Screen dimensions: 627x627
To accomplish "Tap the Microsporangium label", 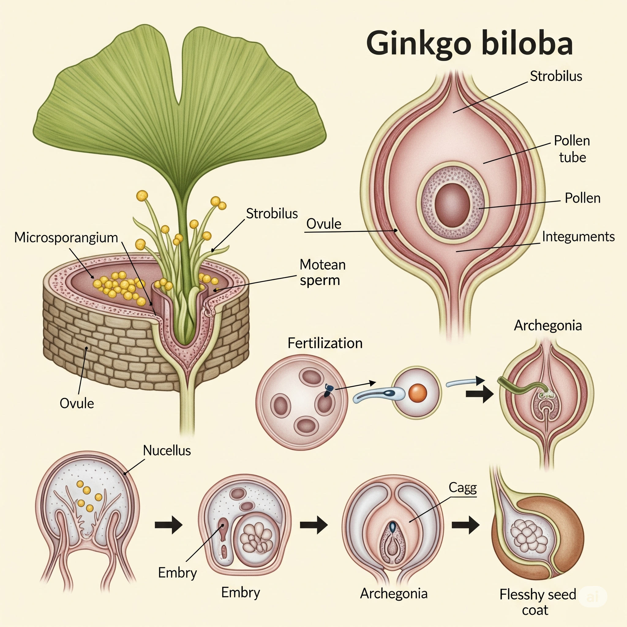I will (66, 238).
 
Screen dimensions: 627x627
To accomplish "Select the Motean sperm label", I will (322, 272).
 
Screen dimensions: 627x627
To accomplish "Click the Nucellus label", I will (167, 450).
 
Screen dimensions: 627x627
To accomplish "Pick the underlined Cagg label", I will (463, 487).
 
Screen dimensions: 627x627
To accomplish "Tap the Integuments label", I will (578, 237).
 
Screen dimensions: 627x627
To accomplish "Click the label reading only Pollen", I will (583, 198).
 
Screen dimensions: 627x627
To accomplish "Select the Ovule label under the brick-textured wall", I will (77, 404).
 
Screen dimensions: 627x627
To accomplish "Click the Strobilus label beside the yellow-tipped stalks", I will (272, 214).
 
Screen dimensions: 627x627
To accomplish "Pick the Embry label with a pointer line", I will (177, 573).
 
